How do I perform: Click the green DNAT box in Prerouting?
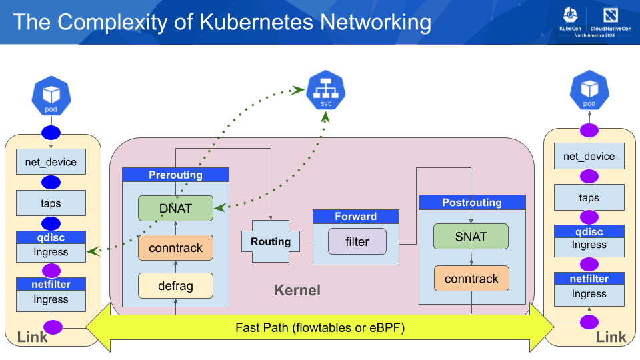click(x=175, y=208)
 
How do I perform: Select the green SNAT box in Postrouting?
click(x=471, y=236)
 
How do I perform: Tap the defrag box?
click(x=175, y=285)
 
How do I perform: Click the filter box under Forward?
click(x=357, y=241)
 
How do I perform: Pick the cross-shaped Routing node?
click(x=271, y=241)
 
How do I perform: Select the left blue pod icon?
click(x=51, y=96)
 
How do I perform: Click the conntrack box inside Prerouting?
click(x=175, y=247)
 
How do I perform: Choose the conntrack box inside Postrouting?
click(x=471, y=279)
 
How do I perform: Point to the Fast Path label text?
click(x=320, y=327)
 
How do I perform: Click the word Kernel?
click(x=297, y=290)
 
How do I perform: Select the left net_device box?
click(x=51, y=161)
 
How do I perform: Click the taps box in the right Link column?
click(x=589, y=197)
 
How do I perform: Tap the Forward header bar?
click(x=356, y=217)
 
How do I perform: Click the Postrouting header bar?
click(x=472, y=202)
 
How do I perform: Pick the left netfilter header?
click(x=51, y=285)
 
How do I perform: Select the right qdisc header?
click(x=589, y=232)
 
